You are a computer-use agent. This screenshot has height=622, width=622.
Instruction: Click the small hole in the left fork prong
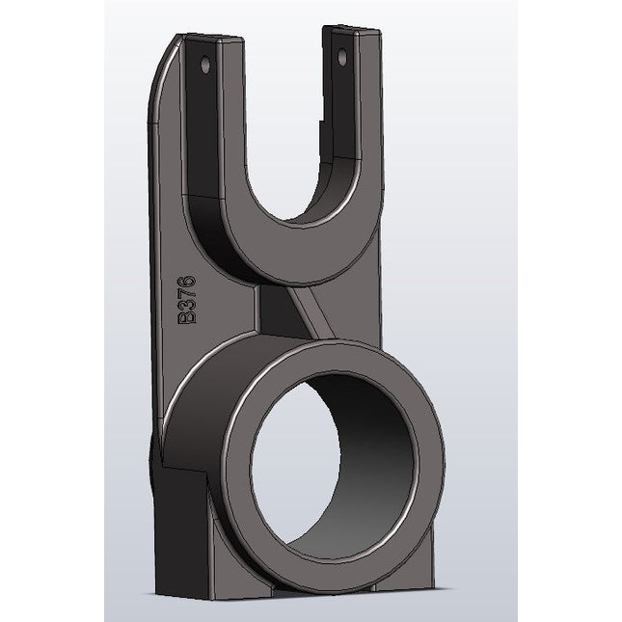pyautogui.click(x=204, y=66)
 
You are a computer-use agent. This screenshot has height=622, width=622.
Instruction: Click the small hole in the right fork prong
pyautogui.click(x=339, y=58)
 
